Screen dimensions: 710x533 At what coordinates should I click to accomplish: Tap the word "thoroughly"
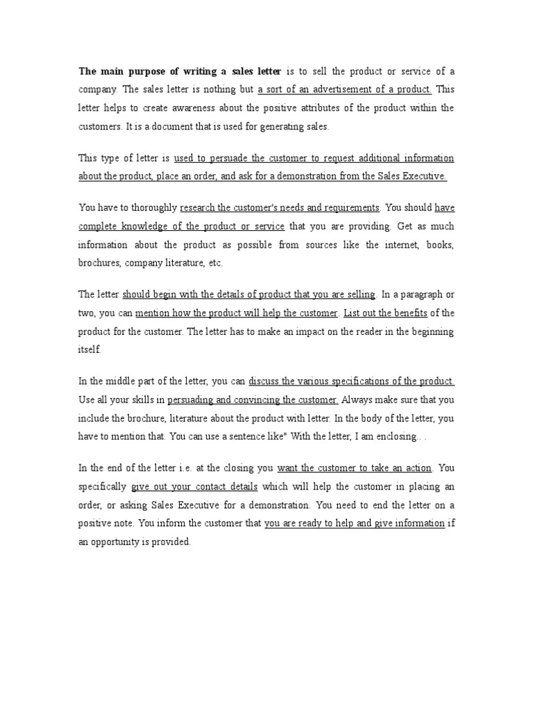[152, 207]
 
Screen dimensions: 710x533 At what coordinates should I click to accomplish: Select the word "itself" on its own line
[90, 350]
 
